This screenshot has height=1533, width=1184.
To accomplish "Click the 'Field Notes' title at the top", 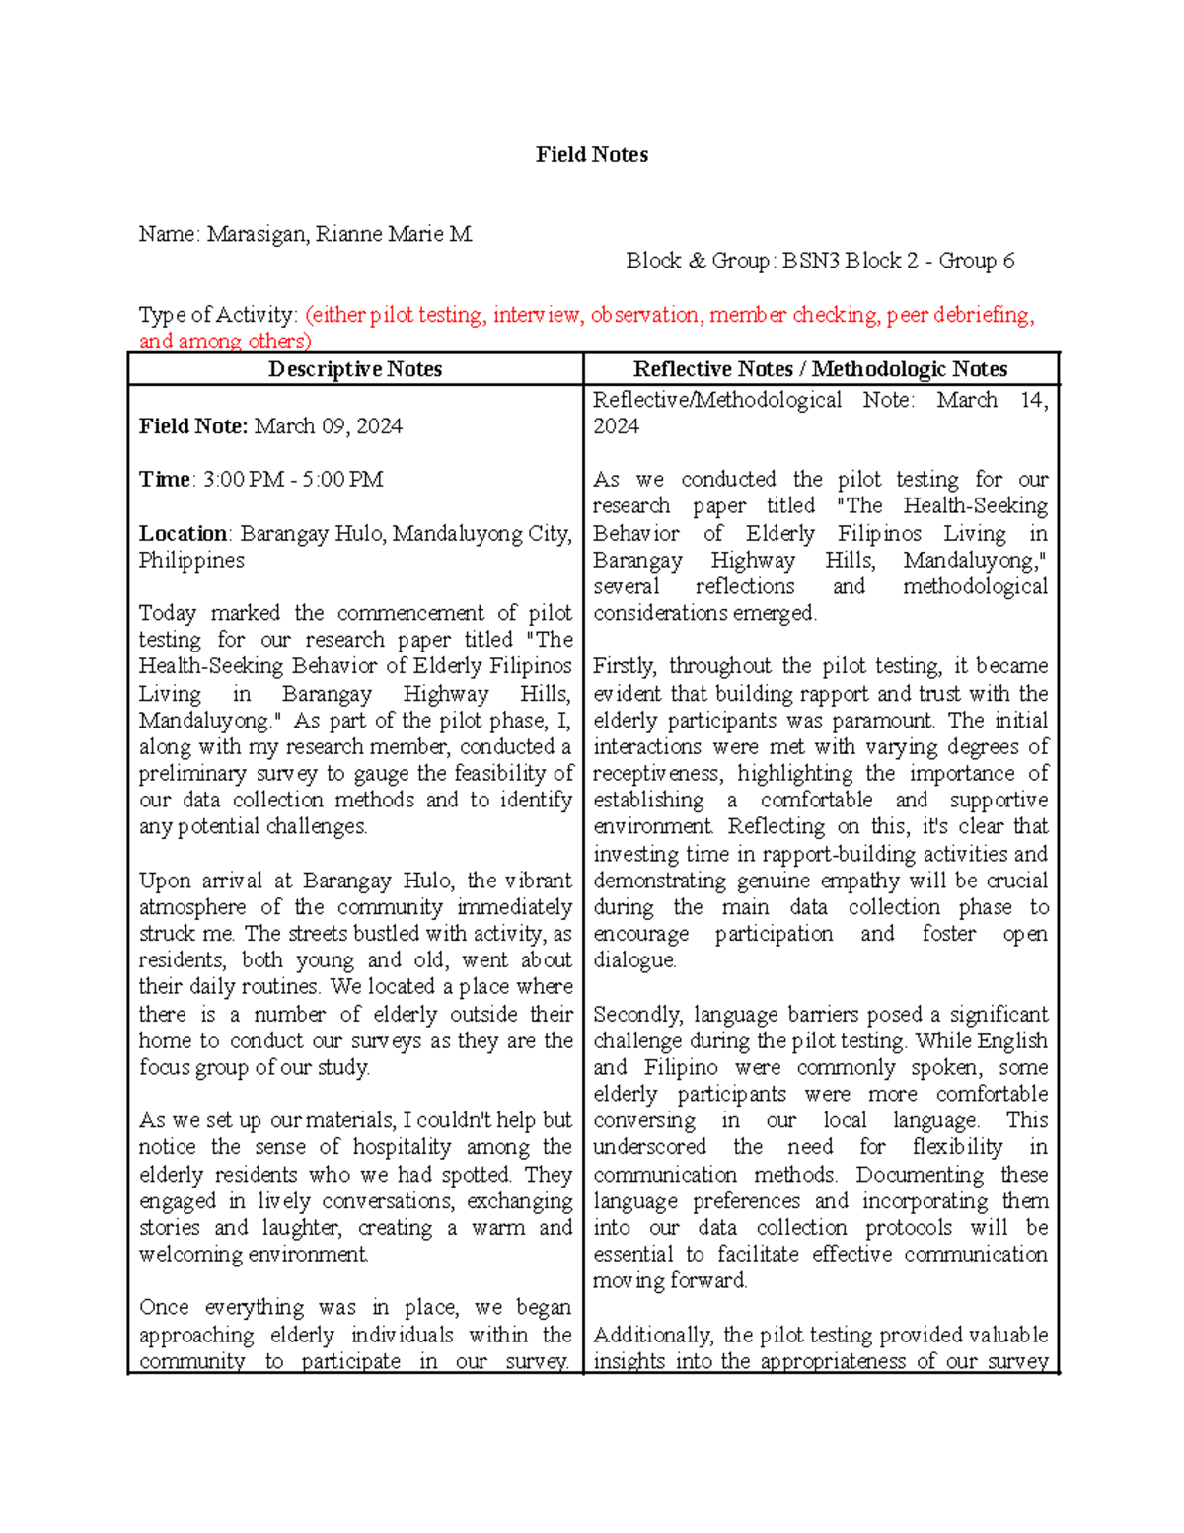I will point(591,155).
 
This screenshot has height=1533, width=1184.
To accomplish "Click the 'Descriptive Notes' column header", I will point(355,369).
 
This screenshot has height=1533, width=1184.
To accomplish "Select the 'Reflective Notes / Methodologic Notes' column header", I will point(820,369).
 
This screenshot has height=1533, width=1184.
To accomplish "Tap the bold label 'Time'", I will point(164,480).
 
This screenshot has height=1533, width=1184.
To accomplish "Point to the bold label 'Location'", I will point(183,534).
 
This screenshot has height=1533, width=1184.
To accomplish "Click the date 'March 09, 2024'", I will point(328,426).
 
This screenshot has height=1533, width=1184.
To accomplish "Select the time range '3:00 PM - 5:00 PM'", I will point(293,480).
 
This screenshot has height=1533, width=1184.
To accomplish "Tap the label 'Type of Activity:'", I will point(217,315).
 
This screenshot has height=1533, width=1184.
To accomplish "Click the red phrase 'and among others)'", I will point(224,342).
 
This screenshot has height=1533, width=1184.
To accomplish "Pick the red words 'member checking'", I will point(793,315).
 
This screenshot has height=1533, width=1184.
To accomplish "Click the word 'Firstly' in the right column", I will point(626,666).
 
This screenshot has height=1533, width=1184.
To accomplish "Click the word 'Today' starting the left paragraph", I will point(167,613).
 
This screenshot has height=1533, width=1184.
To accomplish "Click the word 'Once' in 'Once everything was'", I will point(163,1308).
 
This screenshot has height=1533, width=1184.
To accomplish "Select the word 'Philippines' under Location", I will point(191,561).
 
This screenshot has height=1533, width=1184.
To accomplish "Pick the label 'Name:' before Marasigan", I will point(169,234).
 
